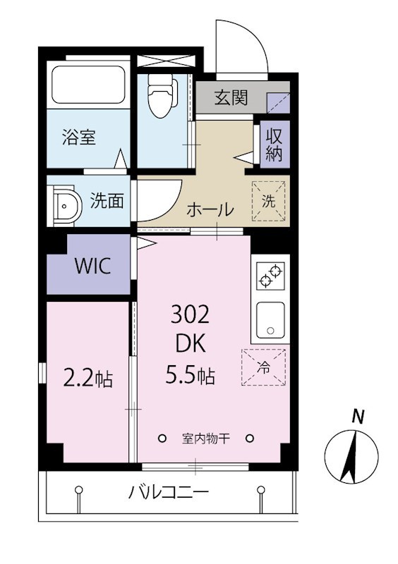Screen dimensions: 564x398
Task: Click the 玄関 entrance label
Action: click(x=231, y=98)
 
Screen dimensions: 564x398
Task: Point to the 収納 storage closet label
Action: click(x=274, y=145)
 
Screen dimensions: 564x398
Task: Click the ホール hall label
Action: click(x=210, y=209)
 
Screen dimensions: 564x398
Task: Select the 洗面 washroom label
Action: click(x=107, y=201)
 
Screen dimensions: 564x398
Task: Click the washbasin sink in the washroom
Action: click(x=67, y=205)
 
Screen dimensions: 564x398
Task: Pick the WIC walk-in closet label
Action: click(x=92, y=266)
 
